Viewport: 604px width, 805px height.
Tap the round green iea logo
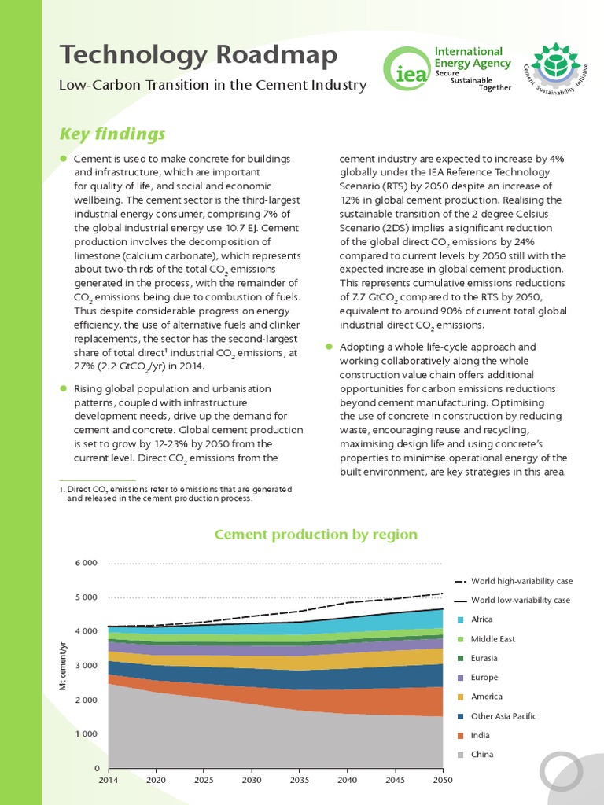tap(405, 68)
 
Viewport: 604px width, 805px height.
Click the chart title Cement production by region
tap(316, 535)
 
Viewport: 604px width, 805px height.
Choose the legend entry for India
tap(481, 735)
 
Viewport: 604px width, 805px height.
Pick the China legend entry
tap(481, 755)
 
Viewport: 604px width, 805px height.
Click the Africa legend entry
tap(482, 619)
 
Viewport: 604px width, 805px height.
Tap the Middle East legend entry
tap(493, 639)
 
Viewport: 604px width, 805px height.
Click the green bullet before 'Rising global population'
tap(64, 388)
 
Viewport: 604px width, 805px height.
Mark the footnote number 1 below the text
tap(61, 489)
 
